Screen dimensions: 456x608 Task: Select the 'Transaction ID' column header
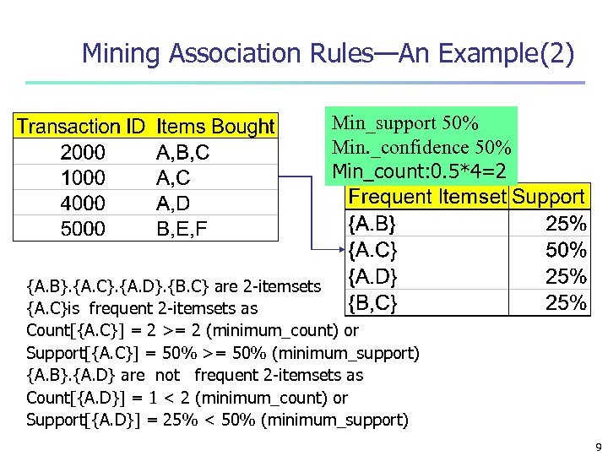pyautogui.click(x=81, y=127)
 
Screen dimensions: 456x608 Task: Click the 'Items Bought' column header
pyautogui.click(x=216, y=127)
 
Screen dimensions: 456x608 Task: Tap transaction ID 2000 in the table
pyautogui.click(x=83, y=153)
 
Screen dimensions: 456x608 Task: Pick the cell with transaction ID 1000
pyautogui.click(x=83, y=178)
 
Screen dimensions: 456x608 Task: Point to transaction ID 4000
pyautogui.click(x=83, y=204)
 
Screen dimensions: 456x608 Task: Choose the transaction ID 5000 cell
pyautogui.click(x=83, y=229)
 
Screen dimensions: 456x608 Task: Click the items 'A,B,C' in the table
pyautogui.click(x=183, y=153)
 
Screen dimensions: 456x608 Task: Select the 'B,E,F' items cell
pyautogui.click(x=182, y=229)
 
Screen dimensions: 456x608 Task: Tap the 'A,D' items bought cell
pyautogui.click(x=174, y=204)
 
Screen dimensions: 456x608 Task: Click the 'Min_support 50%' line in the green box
pyautogui.click(x=405, y=122)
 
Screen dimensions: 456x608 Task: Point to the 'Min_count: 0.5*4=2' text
pyautogui.click(x=420, y=171)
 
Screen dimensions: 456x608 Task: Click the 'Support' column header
pyautogui.click(x=549, y=197)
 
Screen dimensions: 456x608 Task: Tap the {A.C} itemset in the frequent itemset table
pyautogui.click(x=372, y=250)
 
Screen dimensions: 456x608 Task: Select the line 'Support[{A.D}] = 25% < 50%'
pyautogui.click(x=217, y=420)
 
